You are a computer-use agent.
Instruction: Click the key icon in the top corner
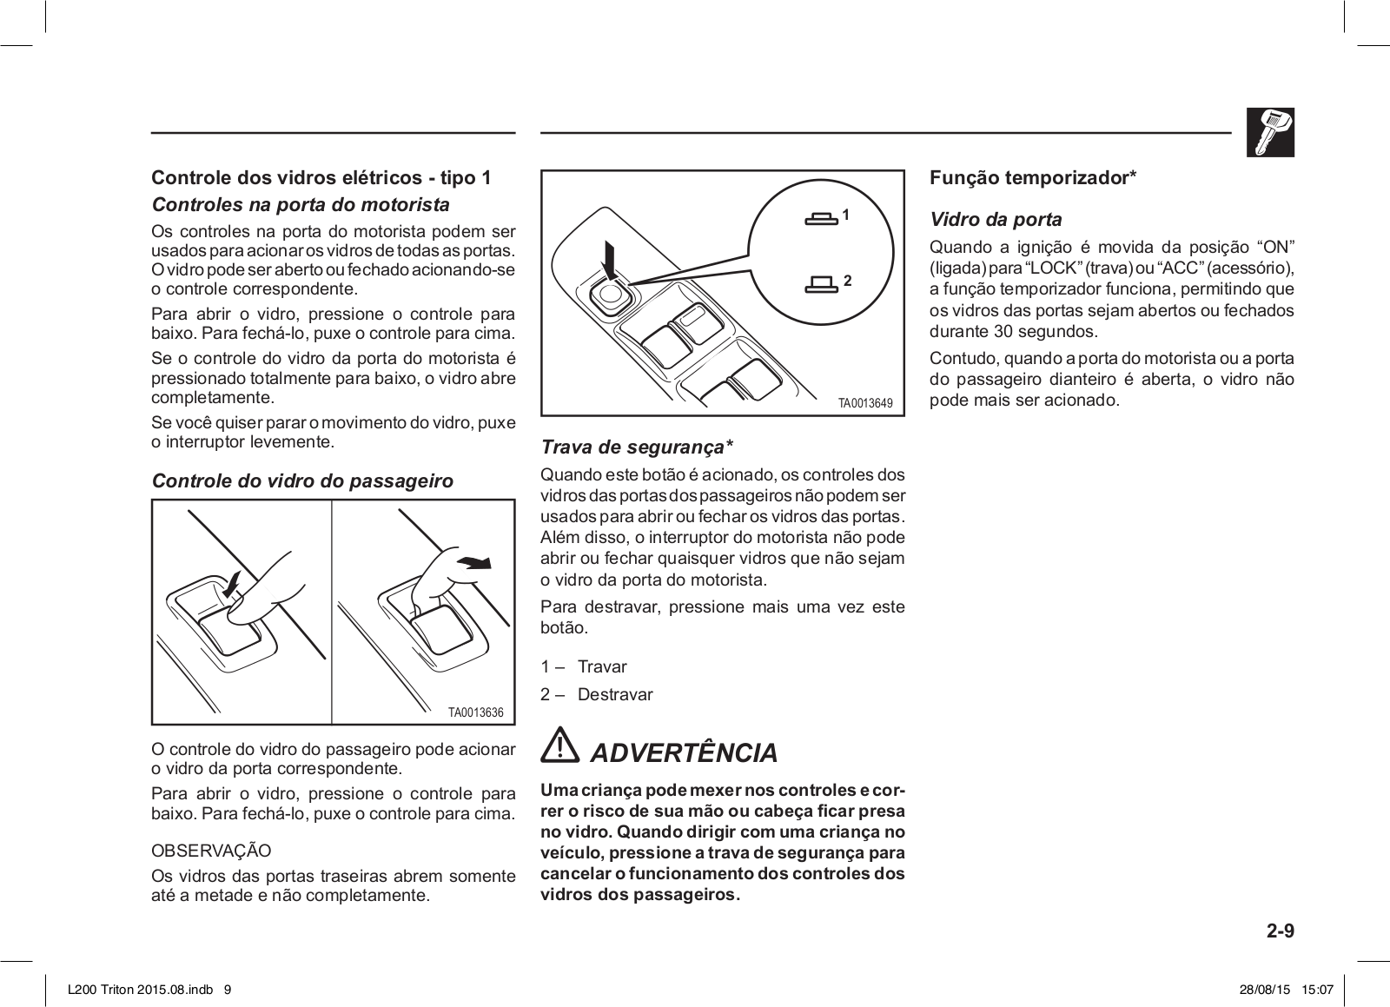[1270, 132]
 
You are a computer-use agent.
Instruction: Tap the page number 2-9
[1280, 931]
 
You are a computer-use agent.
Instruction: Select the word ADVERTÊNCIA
[684, 752]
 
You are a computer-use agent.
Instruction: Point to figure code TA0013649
[864, 403]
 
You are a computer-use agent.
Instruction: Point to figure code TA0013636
[475, 712]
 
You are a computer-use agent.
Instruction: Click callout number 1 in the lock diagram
[845, 214]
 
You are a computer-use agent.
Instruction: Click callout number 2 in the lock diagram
[847, 281]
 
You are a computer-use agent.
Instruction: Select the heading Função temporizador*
[1033, 178]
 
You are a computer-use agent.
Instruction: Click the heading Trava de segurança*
[637, 447]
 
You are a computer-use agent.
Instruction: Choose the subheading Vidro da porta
[996, 220]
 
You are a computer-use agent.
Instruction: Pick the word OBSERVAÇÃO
[211, 850]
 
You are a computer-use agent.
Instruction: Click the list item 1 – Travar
[584, 666]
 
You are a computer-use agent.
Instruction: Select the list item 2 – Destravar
[596, 694]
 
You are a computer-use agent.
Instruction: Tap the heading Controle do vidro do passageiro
[302, 480]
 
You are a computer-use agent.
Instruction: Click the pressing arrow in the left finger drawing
[230, 585]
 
